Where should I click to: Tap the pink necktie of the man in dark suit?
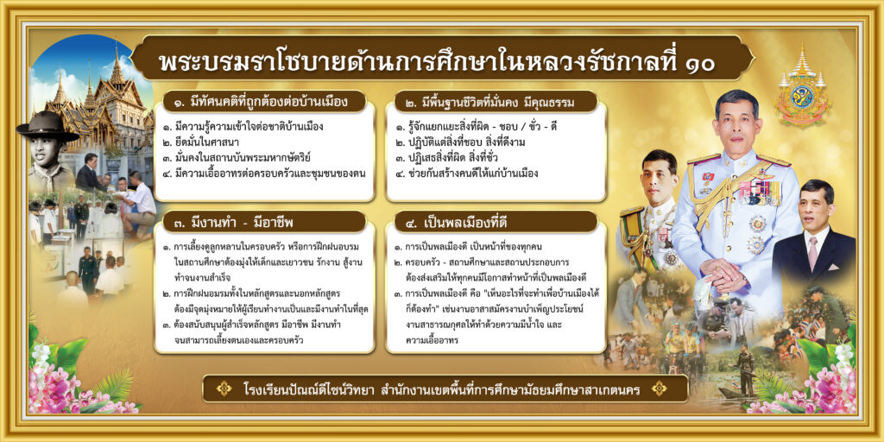pos(812,252)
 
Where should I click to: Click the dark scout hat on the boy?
pos(47,126)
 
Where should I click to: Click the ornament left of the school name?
pos(224,388)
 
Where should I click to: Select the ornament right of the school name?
pos(659,388)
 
